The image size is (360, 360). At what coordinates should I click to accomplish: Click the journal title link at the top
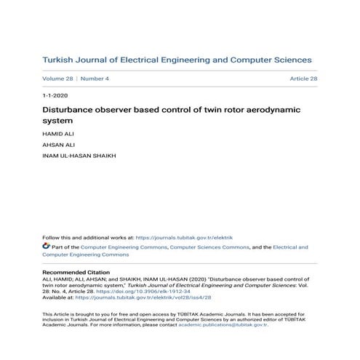(x=177, y=60)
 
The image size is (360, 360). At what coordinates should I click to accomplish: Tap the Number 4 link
(x=95, y=79)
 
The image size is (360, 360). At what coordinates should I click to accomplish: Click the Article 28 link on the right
(x=303, y=79)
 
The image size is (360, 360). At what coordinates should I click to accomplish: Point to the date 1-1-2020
(x=55, y=96)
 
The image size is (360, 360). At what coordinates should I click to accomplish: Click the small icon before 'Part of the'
(x=46, y=247)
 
